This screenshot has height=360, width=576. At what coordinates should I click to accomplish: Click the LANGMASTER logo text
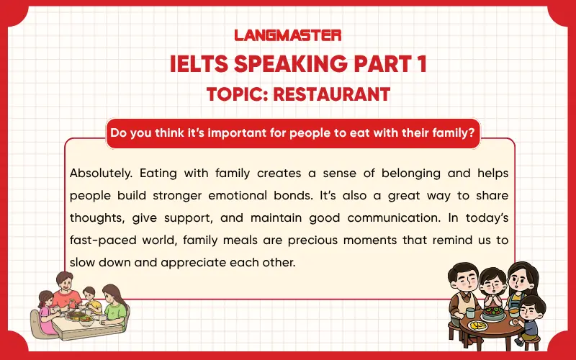coord(288,35)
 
